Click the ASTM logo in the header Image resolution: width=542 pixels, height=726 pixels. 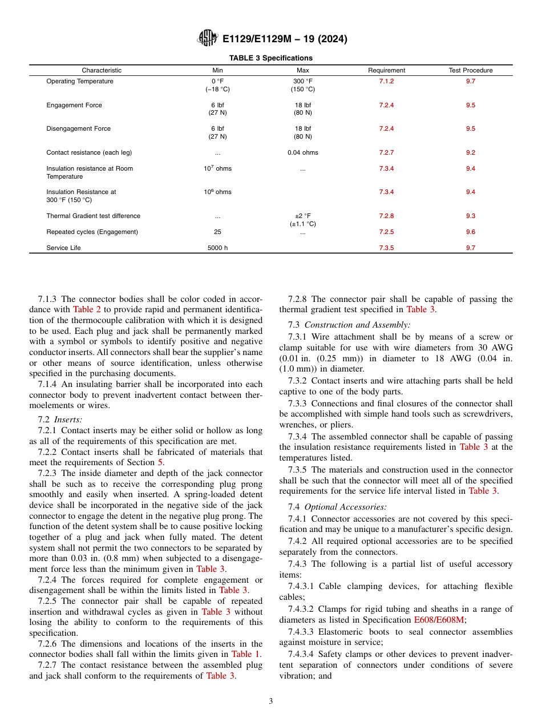(207, 38)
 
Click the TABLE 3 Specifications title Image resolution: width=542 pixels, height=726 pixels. (270, 58)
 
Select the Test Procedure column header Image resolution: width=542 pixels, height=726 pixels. (470, 70)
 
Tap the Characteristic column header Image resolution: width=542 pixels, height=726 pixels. (102, 70)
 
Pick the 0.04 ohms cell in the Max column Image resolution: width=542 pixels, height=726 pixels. (302, 152)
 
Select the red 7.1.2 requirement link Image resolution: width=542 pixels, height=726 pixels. (386, 81)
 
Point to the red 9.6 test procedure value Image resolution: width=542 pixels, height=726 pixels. (470, 232)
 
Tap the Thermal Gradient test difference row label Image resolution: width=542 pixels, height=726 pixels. (93, 216)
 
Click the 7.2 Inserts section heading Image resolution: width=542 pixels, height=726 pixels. (60, 420)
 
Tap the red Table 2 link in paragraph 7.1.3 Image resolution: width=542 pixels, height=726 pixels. (86, 309)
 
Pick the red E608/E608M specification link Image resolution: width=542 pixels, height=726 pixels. (439, 620)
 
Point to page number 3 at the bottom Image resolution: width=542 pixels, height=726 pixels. (270, 701)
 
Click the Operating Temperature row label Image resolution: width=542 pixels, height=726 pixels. (79, 81)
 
